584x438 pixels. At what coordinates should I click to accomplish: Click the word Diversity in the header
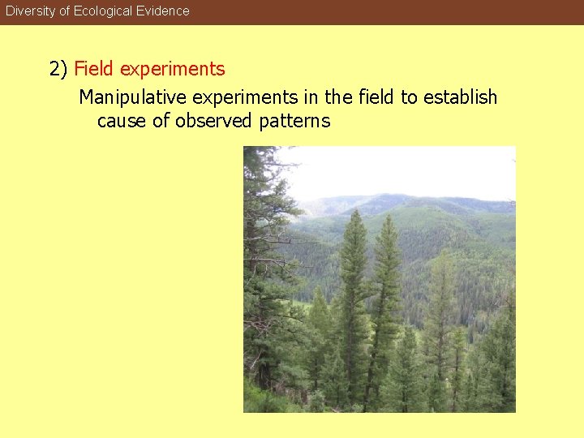point(30,11)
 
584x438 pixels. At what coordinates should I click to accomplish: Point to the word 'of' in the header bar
point(65,11)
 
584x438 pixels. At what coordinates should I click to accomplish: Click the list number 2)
point(58,70)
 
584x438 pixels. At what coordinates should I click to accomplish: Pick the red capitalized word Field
point(94,69)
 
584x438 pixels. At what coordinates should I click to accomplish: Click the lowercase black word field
point(376,98)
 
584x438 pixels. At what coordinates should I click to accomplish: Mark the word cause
point(122,122)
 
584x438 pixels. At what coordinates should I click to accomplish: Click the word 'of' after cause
point(161,122)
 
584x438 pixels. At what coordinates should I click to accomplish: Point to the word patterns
point(295,122)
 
